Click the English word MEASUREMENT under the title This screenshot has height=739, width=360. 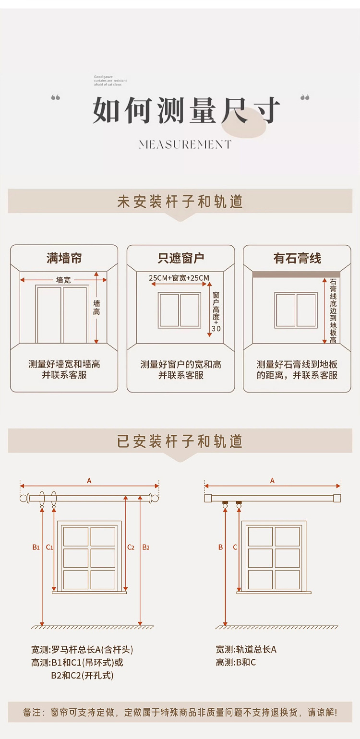[185, 144]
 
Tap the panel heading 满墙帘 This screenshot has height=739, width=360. [64, 259]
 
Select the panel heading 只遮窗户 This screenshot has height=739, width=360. [181, 259]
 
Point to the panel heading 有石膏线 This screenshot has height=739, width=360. [297, 259]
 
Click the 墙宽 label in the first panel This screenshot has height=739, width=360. [63, 280]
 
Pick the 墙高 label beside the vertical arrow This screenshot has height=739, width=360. [97, 308]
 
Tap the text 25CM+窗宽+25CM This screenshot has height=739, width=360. [179, 278]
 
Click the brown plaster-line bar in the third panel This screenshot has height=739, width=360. [296, 274]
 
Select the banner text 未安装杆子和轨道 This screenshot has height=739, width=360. [180, 202]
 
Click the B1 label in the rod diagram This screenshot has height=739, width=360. [36, 547]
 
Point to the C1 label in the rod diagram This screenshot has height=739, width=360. [49, 547]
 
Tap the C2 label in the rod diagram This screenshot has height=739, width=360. [131, 547]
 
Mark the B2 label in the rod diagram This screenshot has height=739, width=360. [146, 547]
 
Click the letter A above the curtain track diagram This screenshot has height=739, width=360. [272, 481]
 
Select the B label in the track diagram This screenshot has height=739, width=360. [221, 547]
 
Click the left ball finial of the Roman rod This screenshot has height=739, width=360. [23, 498]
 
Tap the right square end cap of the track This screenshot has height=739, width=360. [337, 498]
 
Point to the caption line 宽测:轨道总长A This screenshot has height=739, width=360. [246, 650]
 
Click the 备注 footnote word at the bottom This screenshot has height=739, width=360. [33, 713]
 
